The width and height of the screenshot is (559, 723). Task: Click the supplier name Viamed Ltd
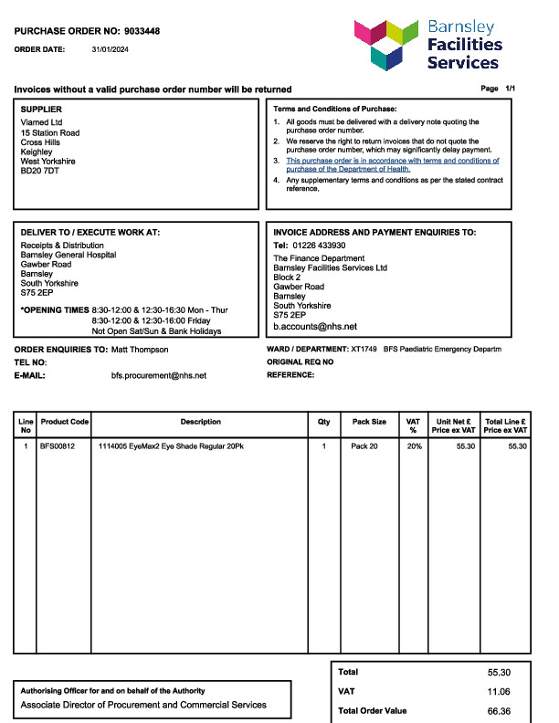pyautogui.click(x=41, y=122)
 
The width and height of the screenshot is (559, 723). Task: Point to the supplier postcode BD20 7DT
pyautogui.click(x=39, y=172)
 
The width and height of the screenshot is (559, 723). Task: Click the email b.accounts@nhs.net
pyautogui.click(x=315, y=326)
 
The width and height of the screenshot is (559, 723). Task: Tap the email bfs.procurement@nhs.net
pyautogui.click(x=159, y=375)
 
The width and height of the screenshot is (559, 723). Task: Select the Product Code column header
pyautogui.click(x=65, y=422)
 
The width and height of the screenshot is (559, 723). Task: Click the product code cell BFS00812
pyautogui.click(x=58, y=446)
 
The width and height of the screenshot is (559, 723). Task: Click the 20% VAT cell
pyautogui.click(x=415, y=446)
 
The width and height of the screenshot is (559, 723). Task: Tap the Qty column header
pyautogui.click(x=323, y=422)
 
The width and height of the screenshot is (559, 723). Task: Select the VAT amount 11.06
pyautogui.click(x=499, y=692)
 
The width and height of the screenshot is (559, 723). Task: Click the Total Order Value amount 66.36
pyautogui.click(x=499, y=710)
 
